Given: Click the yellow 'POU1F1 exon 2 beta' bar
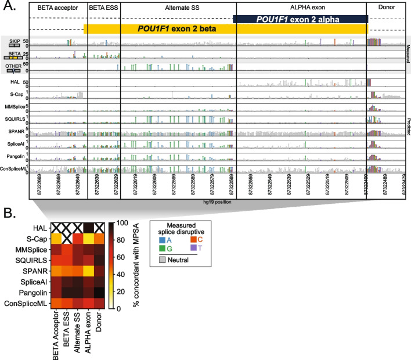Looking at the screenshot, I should point(174,28).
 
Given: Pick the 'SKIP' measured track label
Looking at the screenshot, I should point(12,42).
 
